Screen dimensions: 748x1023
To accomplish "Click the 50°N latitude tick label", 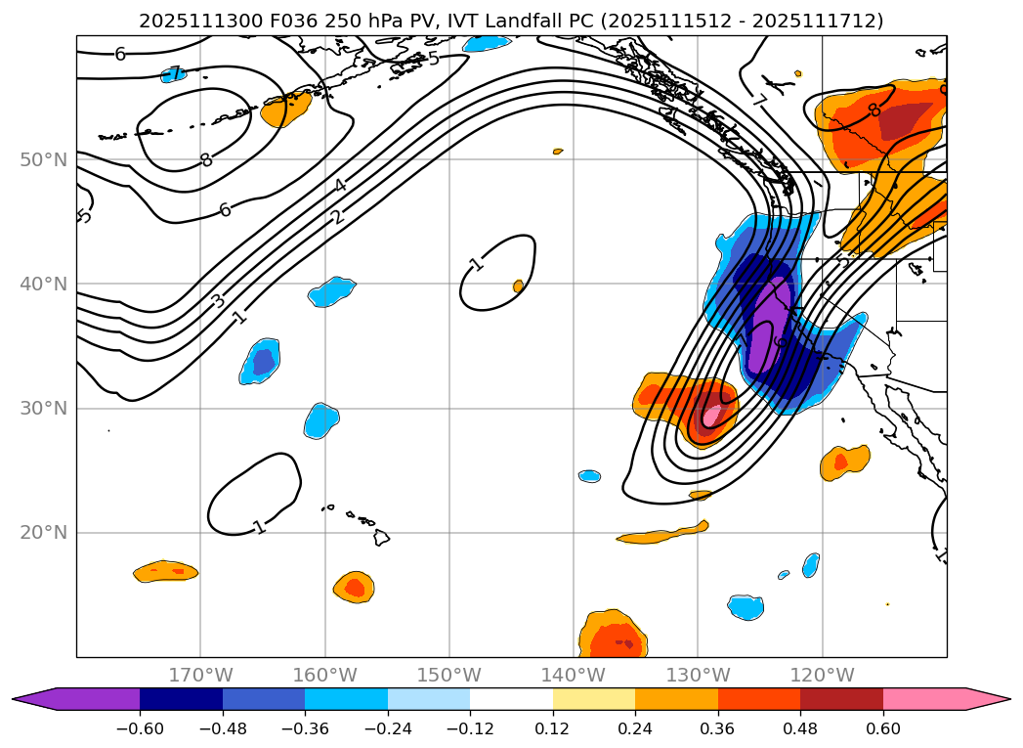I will (44, 159).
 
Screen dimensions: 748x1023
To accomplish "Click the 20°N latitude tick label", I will (44, 533).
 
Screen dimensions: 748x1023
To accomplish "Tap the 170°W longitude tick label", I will (200, 675).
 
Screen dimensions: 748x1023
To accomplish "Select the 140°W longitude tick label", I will (574, 675).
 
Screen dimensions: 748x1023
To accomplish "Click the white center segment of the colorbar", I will (511, 699).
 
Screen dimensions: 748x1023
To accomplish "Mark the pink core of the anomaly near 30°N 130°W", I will (711, 416).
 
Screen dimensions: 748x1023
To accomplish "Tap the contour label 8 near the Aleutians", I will (206, 160).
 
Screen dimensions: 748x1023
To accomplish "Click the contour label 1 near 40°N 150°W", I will (476, 264).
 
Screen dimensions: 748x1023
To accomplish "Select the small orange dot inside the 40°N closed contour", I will (518, 286).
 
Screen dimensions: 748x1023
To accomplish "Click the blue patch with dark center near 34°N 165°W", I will (261, 362).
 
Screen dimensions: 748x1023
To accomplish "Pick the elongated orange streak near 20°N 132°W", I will (664, 534).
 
